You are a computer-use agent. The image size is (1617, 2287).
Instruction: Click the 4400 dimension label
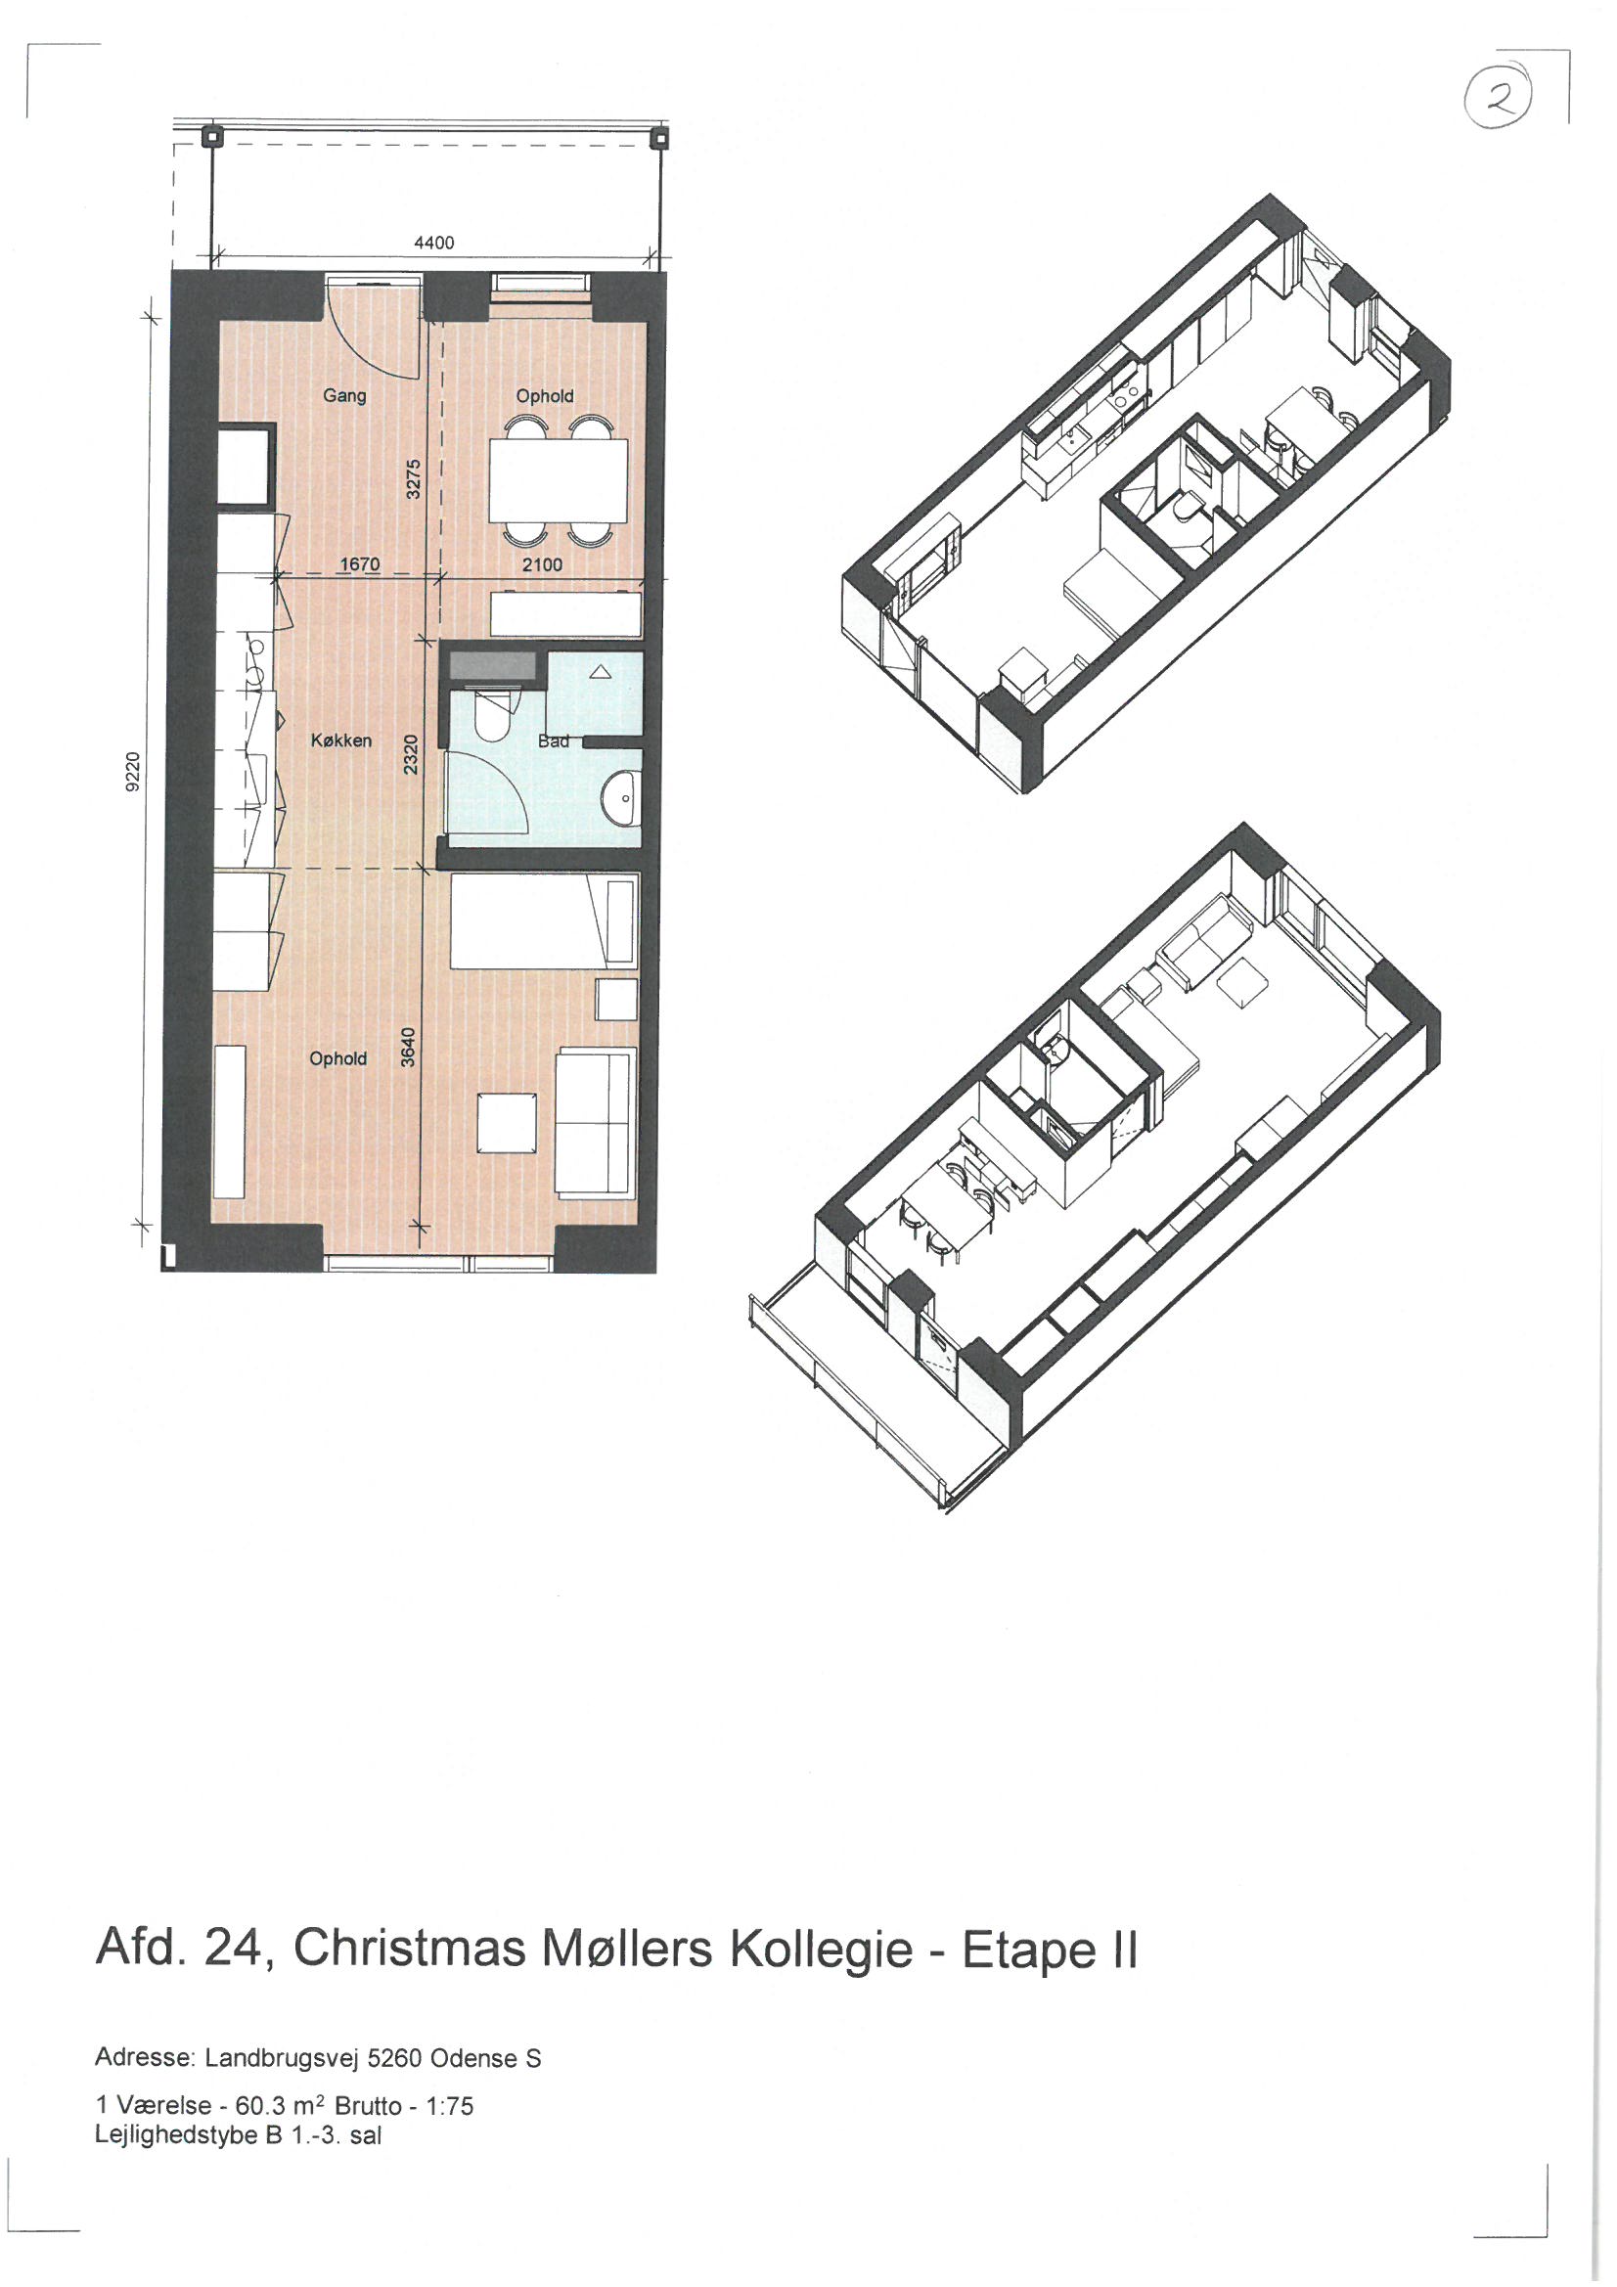(433, 243)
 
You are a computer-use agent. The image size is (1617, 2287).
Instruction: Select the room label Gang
(344, 396)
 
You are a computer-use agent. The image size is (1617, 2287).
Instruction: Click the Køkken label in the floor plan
(340, 740)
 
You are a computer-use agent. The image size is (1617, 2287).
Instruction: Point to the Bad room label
(554, 741)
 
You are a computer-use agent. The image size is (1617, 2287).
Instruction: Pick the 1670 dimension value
(360, 564)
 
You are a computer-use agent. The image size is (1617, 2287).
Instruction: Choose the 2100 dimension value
(542, 564)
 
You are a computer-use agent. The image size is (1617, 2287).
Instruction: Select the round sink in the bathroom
(623, 797)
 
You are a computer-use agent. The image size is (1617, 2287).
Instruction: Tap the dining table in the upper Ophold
(558, 481)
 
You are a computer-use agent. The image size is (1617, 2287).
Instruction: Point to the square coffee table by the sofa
(508, 1123)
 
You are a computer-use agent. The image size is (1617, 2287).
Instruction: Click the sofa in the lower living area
(596, 1122)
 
